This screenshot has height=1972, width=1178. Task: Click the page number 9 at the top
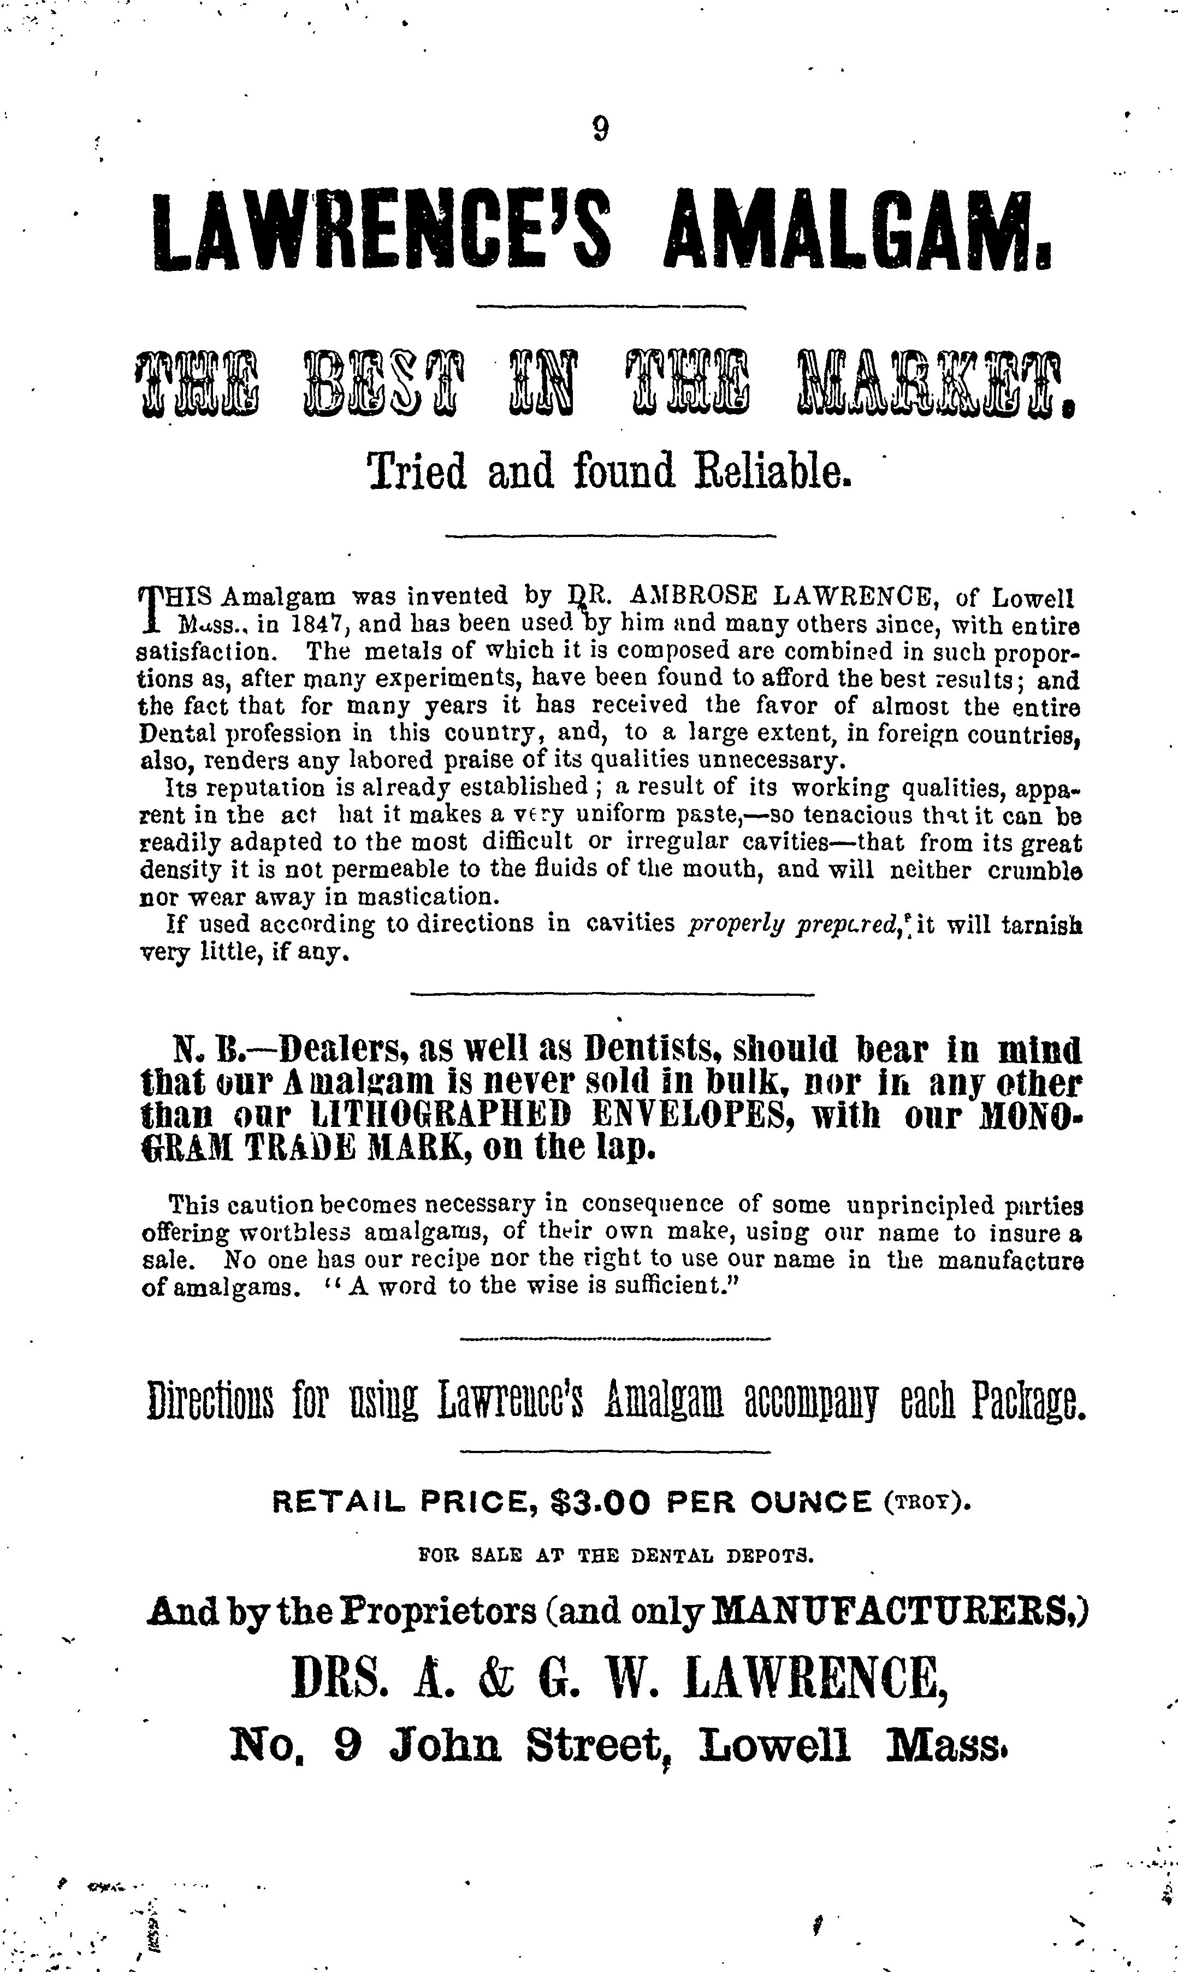pos(600,128)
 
